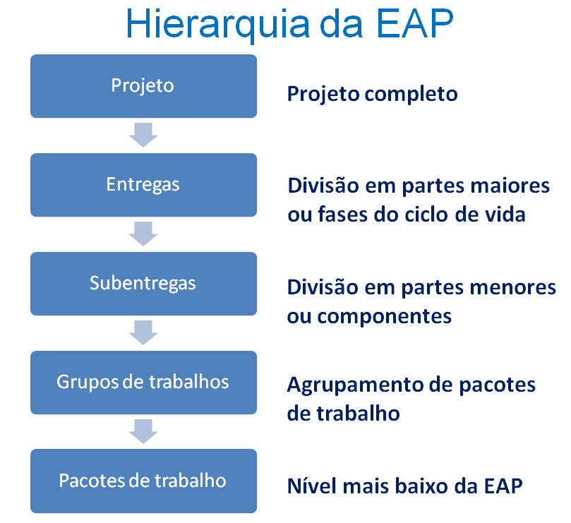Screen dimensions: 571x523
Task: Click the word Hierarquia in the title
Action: pos(218,25)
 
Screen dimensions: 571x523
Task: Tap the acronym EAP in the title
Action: pos(415,24)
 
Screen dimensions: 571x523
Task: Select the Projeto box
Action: pos(143,86)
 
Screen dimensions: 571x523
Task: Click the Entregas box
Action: pos(143,185)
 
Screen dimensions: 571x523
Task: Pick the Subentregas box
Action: pos(143,284)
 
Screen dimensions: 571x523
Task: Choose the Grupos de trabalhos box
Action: pos(143,383)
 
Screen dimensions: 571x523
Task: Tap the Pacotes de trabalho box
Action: pos(143,481)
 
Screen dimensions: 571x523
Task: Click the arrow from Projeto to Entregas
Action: pos(143,135)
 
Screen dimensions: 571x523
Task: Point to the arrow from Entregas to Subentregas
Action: pos(143,234)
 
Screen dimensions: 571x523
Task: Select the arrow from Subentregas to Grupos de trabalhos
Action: pos(143,332)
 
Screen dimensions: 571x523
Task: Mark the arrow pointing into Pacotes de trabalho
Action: pos(143,431)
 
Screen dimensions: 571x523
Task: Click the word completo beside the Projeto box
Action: pos(411,95)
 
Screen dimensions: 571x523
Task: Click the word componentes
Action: pos(384,317)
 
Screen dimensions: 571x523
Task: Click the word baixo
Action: pos(421,486)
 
